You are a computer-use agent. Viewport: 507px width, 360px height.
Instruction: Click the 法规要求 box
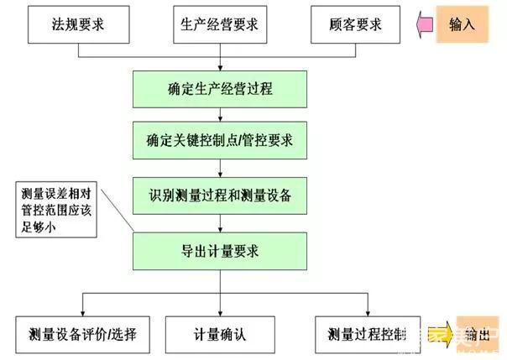[79, 24]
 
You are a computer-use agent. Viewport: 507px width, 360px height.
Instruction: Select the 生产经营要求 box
[220, 24]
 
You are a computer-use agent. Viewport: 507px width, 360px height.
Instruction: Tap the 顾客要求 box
[356, 24]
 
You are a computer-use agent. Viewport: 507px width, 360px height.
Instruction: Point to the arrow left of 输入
[426, 24]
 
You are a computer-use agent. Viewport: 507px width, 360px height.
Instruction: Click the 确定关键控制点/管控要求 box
[220, 140]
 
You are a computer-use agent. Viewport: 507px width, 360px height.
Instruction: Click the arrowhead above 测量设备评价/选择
[81, 311]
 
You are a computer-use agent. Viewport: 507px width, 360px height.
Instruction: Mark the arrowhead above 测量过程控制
[367, 311]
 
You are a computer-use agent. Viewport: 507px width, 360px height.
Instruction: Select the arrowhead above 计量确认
[220, 311]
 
